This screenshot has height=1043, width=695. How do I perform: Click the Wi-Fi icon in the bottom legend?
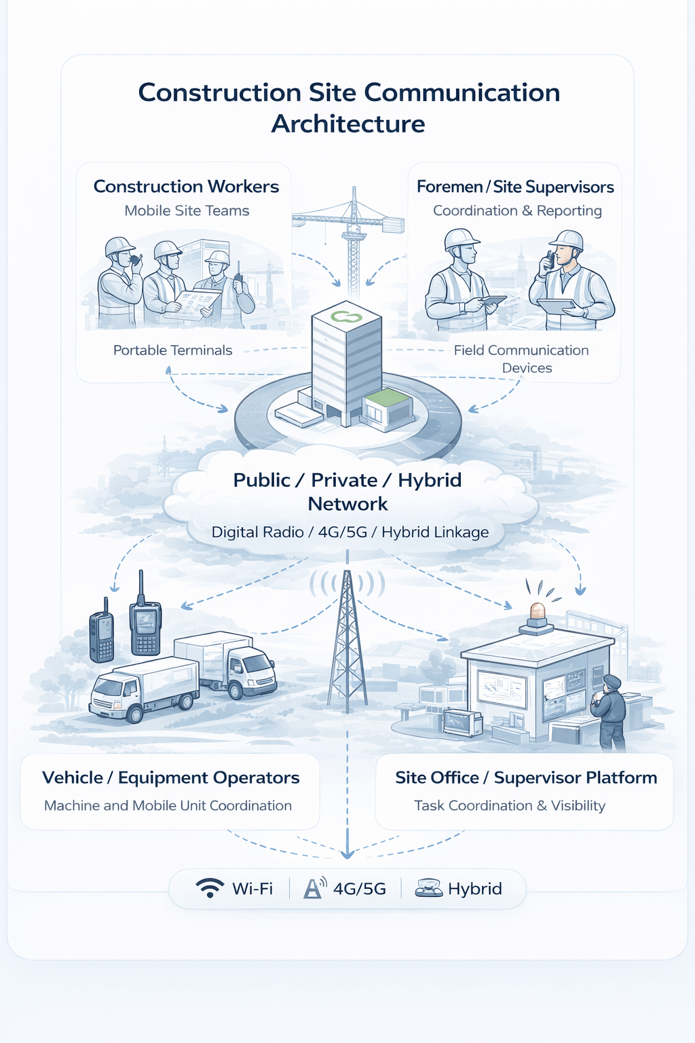(x=210, y=888)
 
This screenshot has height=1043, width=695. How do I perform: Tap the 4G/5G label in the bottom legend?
(x=359, y=889)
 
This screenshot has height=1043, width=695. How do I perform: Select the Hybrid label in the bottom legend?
(x=474, y=889)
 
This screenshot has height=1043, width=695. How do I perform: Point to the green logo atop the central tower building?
(x=346, y=316)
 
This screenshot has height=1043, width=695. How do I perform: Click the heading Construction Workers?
(x=186, y=187)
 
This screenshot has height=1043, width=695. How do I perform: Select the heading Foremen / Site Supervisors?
(x=515, y=187)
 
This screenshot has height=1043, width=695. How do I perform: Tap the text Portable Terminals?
(x=172, y=350)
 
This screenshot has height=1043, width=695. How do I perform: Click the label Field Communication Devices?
(x=521, y=359)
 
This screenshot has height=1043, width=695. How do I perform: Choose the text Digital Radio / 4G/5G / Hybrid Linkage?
(x=350, y=532)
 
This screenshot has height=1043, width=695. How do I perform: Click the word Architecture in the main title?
(x=348, y=124)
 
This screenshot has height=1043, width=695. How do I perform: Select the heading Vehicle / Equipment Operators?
(x=170, y=778)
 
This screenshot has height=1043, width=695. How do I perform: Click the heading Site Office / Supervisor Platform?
(x=526, y=778)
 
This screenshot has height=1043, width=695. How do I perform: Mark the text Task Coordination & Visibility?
(x=510, y=806)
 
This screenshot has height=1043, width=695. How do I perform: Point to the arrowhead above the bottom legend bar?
(x=347, y=853)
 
